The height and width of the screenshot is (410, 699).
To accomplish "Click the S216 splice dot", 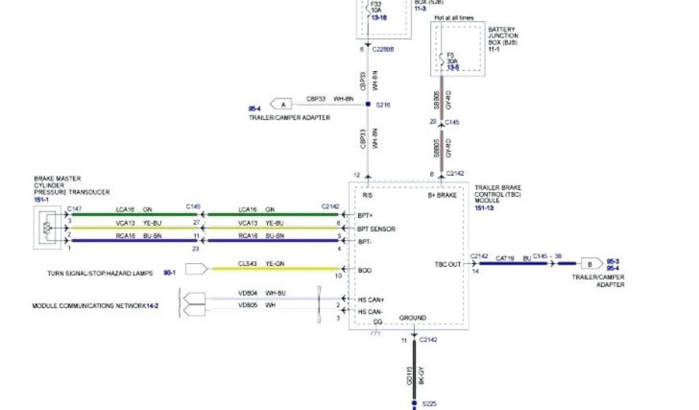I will point(368,105).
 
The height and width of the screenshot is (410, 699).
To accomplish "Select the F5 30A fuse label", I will point(452,61).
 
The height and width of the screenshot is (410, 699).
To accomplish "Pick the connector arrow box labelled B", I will point(588,263).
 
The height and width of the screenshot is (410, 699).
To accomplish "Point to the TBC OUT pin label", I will point(448,263).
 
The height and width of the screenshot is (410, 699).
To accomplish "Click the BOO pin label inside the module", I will point(365,271).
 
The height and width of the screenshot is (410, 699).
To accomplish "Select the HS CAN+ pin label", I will point(371,299).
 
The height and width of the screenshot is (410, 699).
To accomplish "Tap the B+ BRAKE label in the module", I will point(442,195).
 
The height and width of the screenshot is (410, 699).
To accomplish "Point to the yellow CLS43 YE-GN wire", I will point(273,269).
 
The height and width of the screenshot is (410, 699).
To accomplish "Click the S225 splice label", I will point(429,404).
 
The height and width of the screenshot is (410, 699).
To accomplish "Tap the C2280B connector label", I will point(382,50).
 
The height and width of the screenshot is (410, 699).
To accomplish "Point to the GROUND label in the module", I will point(412,318).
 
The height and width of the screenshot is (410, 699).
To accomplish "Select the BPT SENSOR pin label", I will point(376,229).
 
